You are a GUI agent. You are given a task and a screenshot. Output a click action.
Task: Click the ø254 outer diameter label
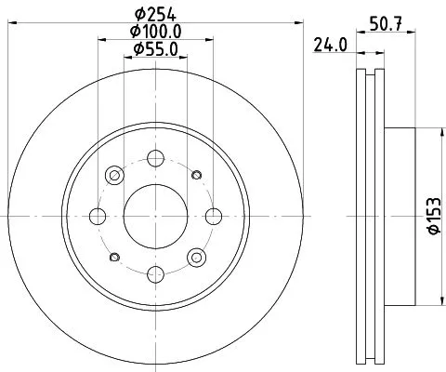click(155, 14)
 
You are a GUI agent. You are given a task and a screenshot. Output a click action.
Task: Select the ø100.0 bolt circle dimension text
click(155, 32)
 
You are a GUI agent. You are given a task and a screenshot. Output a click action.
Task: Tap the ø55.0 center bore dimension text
click(155, 48)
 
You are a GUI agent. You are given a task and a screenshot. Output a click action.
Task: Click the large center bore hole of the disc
click(155, 216)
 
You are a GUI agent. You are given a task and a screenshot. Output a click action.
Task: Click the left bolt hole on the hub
click(98, 216)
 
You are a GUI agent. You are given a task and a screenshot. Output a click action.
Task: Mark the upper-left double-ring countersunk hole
click(115, 175)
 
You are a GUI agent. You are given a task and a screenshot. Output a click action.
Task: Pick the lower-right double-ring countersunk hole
click(196, 257)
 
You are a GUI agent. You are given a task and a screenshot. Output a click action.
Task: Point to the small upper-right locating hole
click(195, 175)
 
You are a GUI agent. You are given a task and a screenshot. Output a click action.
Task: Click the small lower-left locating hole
click(114, 257)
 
